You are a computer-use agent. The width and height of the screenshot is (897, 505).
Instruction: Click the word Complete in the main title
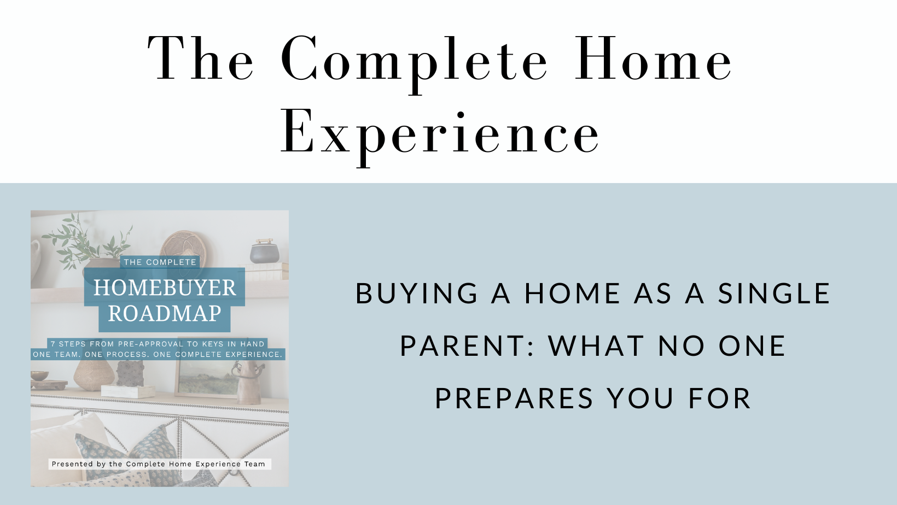coord(414,63)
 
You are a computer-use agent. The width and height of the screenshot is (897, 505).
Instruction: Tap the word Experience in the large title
coord(440,137)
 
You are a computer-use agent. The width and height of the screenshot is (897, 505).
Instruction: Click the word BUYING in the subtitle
coord(416,293)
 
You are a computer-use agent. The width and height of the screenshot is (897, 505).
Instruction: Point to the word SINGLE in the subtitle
coord(774,293)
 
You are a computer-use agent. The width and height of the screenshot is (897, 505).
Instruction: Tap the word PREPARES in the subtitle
coord(514,398)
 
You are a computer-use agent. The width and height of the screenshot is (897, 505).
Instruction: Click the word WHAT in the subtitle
coord(596,346)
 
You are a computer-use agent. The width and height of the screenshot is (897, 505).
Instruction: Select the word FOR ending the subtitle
coord(720,398)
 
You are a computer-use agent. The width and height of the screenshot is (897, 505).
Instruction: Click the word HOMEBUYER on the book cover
coord(165,287)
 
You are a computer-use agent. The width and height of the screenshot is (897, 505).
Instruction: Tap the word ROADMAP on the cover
coord(165,313)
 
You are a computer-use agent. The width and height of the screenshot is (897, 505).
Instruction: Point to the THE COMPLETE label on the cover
coord(160,262)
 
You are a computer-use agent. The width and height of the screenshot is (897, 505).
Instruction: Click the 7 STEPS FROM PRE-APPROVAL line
coord(158,344)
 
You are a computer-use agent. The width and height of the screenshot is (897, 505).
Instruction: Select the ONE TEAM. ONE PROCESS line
coord(158,355)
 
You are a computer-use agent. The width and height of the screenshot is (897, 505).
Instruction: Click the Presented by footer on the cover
coord(159,464)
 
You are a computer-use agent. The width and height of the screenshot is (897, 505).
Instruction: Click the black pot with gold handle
coord(265,251)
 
